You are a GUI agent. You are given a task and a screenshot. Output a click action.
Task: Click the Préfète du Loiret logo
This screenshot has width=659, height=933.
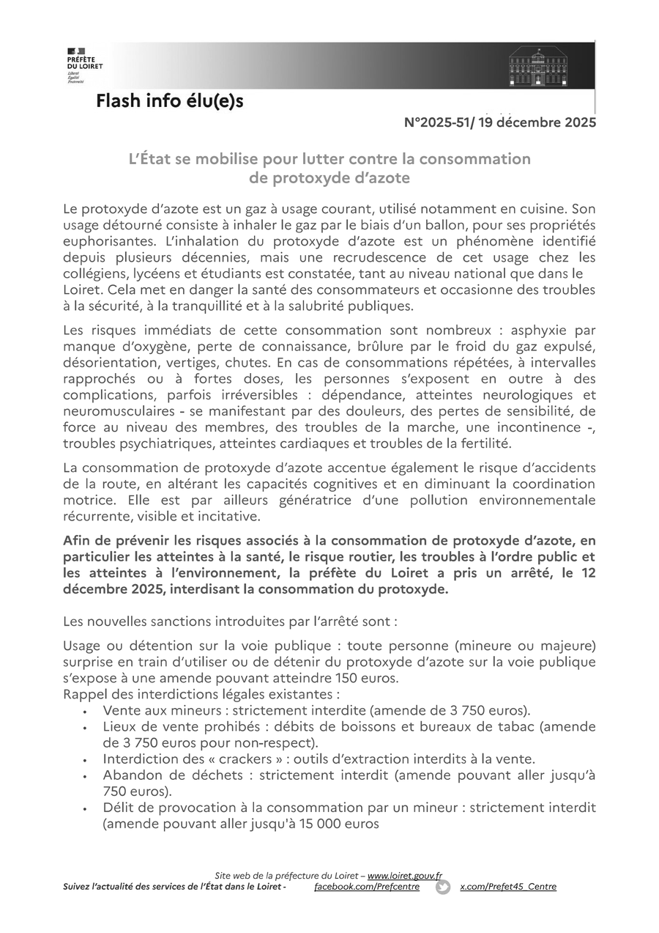tap(83, 64)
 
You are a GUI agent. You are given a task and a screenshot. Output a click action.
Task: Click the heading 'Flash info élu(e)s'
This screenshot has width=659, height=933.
tap(169, 102)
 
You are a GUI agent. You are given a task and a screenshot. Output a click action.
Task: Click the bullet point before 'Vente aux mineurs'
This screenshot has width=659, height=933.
tap(86, 712)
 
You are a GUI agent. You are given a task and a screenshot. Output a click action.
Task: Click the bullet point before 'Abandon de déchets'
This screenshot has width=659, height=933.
tap(86, 776)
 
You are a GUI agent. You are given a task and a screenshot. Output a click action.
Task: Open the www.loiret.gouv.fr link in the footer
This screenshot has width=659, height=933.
tap(404, 875)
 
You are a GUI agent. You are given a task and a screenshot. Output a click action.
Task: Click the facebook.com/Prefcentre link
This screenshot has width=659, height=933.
tap(366, 887)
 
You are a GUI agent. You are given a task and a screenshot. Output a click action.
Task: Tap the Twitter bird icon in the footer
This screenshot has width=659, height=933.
tap(443, 887)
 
